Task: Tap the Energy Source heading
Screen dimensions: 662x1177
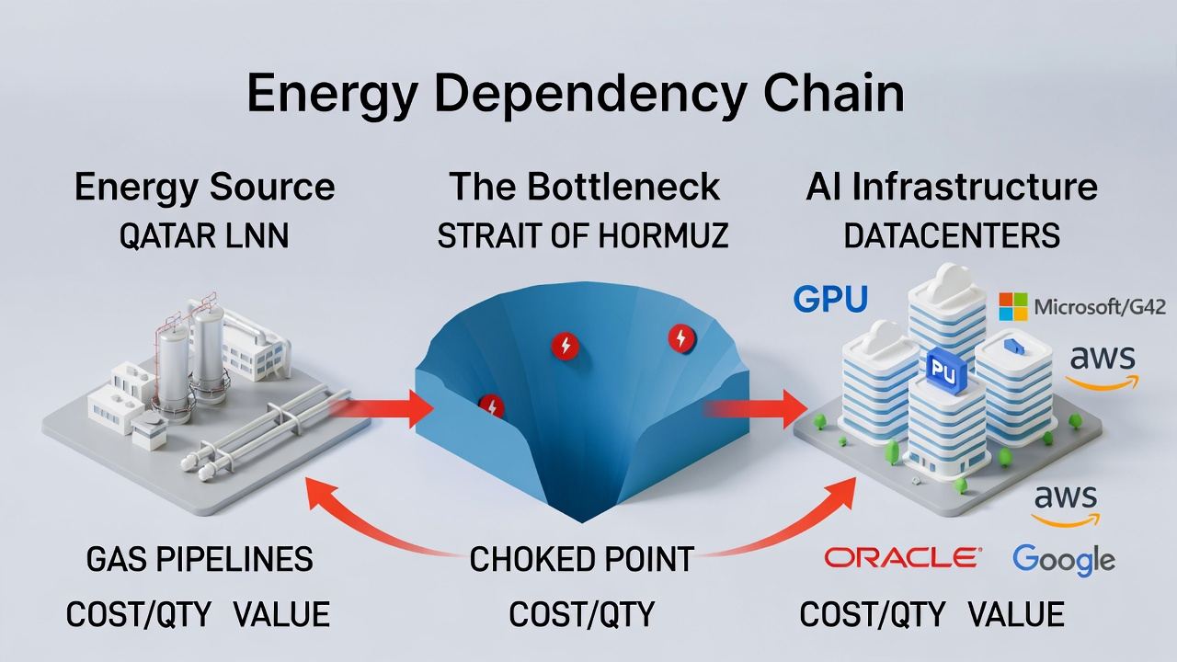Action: point(204,188)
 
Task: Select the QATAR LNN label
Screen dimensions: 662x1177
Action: point(204,236)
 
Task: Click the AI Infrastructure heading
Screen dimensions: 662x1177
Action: point(952,188)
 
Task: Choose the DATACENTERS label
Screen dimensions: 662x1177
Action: point(952,236)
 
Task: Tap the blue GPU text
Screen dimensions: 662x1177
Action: point(829,300)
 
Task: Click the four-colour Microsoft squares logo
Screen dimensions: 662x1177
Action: point(1013,307)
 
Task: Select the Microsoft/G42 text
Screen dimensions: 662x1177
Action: point(1100,307)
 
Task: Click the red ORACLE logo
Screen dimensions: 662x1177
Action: point(902,557)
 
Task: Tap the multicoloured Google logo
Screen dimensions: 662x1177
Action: point(1063,559)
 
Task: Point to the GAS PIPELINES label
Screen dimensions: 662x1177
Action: point(200,559)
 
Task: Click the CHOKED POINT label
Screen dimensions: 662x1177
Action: point(581,559)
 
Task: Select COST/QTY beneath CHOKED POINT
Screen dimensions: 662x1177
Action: point(581,614)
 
